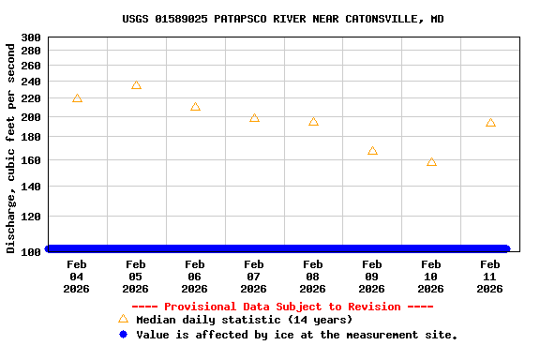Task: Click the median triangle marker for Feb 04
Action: [77, 98]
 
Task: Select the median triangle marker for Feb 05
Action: [136, 85]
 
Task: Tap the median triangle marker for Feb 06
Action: [195, 107]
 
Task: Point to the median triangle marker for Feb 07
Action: [254, 118]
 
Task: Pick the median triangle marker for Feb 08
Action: [313, 122]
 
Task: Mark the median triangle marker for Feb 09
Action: [372, 151]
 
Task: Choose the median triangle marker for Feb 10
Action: [431, 162]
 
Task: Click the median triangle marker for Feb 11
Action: [490, 123]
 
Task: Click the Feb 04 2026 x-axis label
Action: [77, 277]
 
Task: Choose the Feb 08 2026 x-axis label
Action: [313, 277]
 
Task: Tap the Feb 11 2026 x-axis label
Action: [490, 277]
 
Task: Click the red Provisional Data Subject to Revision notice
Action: [282, 307]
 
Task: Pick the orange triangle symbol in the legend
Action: [123, 319]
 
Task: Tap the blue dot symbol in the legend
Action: [123, 335]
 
